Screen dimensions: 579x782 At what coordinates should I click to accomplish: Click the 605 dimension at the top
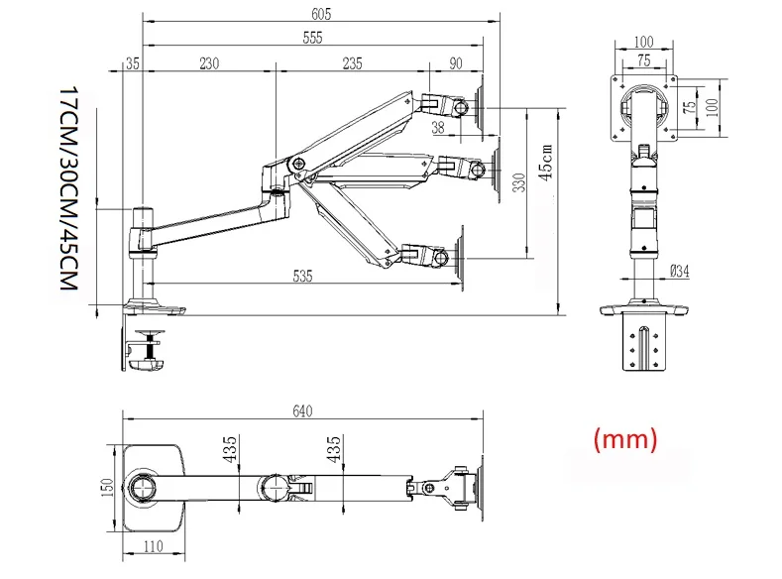(x=320, y=14)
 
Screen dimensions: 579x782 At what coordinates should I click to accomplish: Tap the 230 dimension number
(x=209, y=63)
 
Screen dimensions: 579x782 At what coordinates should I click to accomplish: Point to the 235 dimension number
(x=352, y=63)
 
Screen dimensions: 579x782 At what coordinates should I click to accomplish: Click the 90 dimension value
(x=456, y=63)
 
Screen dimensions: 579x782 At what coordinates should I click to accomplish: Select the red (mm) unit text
(x=624, y=438)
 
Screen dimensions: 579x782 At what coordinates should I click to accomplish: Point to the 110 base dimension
(x=152, y=544)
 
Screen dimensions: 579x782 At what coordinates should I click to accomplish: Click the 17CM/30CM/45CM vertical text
(x=67, y=188)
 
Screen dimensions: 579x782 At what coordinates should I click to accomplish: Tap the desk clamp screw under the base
(x=150, y=347)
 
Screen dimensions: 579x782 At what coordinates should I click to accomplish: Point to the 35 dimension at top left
(x=133, y=63)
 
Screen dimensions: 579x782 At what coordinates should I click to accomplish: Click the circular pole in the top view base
(x=140, y=489)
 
